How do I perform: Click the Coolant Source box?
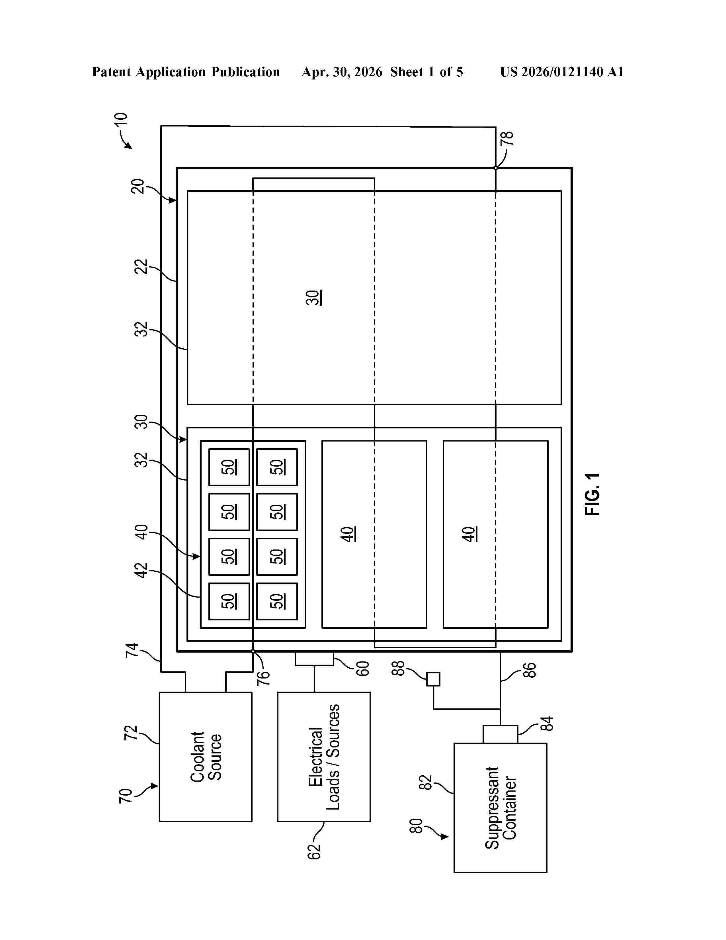coord(206,756)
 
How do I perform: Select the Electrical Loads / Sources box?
coord(324,756)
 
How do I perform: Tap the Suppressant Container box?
coord(500,808)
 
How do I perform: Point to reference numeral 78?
coord(508,138)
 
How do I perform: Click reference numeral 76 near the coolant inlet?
coord(263,677)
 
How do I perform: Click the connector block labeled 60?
coord(314,659)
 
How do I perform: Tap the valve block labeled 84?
coord(500,734)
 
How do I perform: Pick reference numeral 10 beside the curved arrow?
coord(121,119)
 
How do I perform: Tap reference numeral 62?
coord(314,852)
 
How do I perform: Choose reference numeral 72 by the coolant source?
coord(130,733)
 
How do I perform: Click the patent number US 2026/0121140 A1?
coord(562,72)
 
